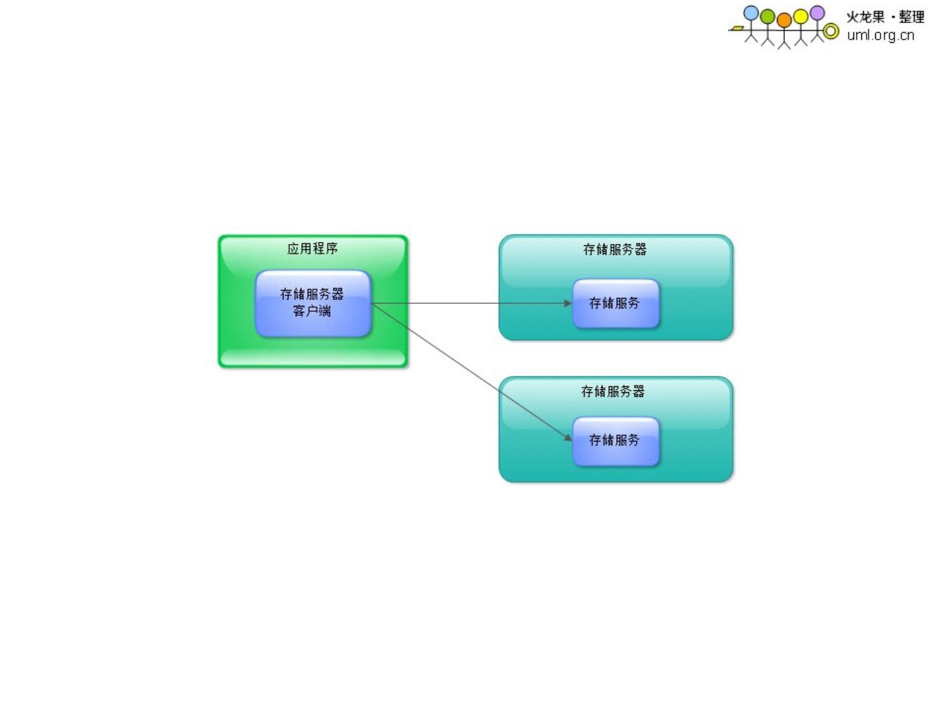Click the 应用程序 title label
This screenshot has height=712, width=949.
tap(312, 249)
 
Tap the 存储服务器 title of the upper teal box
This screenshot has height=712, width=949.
tap(615, 249)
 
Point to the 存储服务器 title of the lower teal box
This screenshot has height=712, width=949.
tap(613, 391)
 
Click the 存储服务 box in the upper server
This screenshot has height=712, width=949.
tap(616, 303)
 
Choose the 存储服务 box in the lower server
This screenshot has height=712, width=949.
tap(616, 440)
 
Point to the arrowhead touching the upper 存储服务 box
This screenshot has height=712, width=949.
tap(568, 303)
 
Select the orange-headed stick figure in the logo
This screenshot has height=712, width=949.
tap(784, 30)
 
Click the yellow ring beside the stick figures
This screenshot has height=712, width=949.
tap(832, 31)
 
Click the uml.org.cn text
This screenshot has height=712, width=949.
tap(880, 36)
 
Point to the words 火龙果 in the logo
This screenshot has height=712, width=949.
tap(865, 17)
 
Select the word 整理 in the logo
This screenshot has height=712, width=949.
tap(911, 17)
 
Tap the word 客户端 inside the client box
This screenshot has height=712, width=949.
tap(312, 311)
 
